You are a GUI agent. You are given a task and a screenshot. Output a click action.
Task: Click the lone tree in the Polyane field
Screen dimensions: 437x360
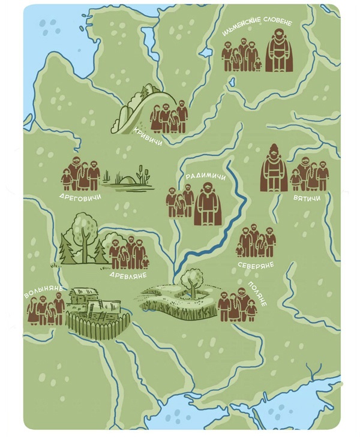coord(193,281)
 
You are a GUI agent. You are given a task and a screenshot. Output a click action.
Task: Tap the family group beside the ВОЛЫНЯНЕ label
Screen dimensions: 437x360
coord(46,311)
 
